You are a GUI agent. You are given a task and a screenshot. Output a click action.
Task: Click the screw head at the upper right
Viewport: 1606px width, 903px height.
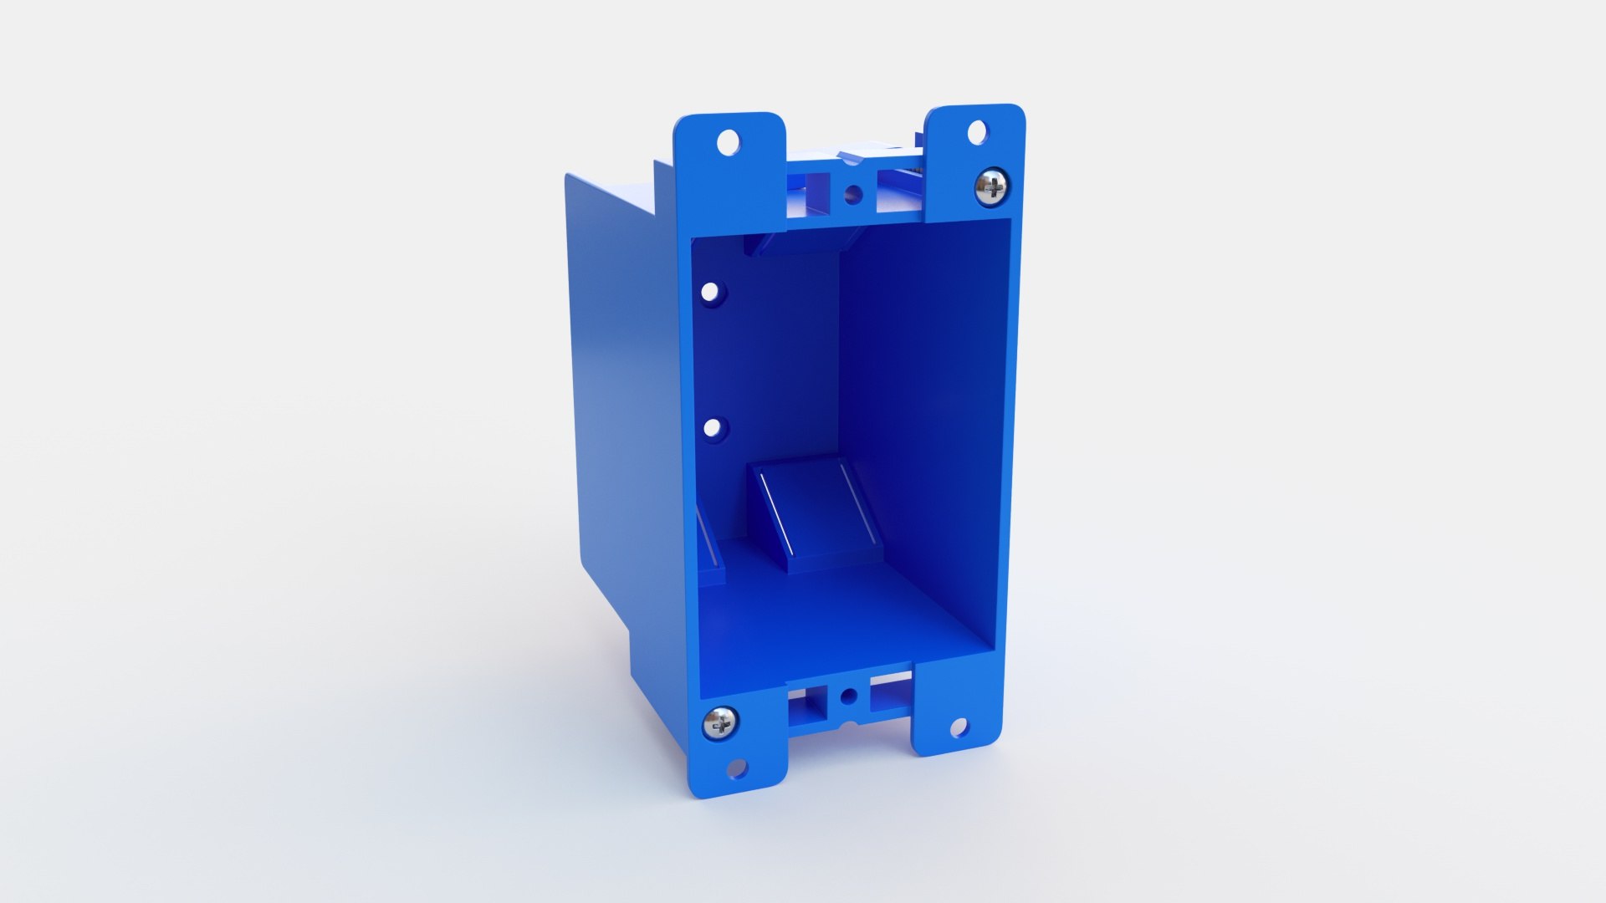992,186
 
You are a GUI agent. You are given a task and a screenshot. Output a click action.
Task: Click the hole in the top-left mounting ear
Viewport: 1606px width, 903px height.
729,141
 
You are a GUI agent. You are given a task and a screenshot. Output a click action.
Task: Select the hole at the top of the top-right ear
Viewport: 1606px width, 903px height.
976,131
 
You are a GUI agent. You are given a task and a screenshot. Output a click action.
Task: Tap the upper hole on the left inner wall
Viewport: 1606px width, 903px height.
709,293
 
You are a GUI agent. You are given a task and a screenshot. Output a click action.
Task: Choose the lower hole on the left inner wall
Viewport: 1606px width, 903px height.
712,428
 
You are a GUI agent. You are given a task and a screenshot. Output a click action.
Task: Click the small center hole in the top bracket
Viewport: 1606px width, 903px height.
852,196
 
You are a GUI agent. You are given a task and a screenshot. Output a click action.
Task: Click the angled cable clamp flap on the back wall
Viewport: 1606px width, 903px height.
816,510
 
